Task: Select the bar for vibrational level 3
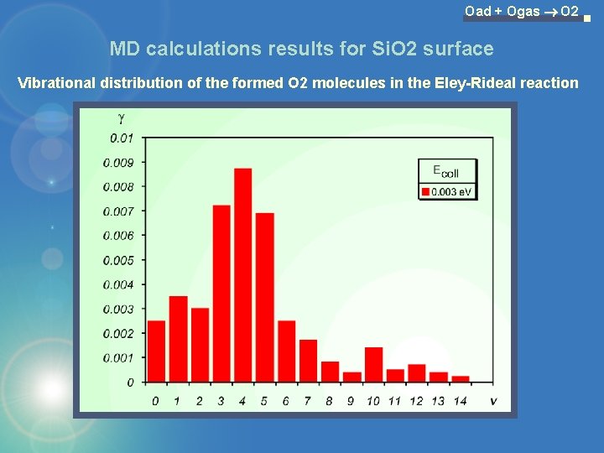point(221,294)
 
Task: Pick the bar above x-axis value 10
point(373,365)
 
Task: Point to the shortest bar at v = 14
point(461,379)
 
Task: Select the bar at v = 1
point(178,339)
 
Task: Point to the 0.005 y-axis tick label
point(117,260)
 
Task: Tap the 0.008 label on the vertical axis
point(117,187)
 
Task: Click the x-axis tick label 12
point(417,401)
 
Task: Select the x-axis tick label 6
point(286,401)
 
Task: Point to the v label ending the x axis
point(493,401)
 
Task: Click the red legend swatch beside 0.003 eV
point(425,192)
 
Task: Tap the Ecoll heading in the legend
point(445,171)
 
